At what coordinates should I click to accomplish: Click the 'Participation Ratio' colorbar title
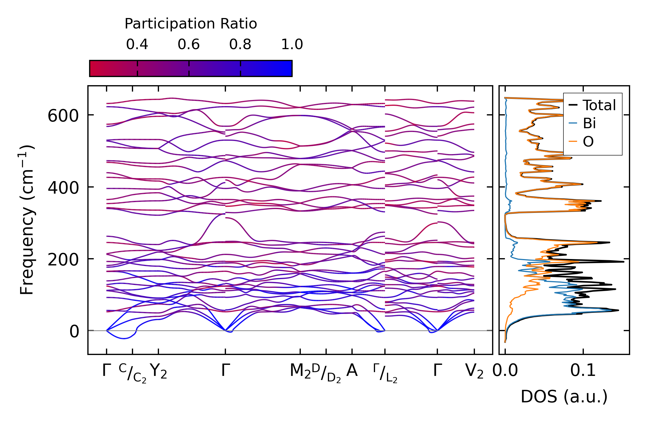191,24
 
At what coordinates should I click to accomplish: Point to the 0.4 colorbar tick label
137,44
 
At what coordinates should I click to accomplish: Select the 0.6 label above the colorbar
189,44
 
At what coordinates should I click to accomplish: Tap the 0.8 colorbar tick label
240,44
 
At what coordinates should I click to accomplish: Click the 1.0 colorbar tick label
292,44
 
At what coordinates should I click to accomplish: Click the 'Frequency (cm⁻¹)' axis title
27,220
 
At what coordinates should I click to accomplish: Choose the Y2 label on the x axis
158,371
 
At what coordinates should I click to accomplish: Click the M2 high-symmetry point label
300,371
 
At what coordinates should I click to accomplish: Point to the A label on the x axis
352,371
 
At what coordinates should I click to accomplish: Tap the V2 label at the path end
474,371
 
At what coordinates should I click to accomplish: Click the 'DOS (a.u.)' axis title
564,397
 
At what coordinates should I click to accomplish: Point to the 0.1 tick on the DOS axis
583,371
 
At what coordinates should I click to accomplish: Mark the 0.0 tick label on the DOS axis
505,371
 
